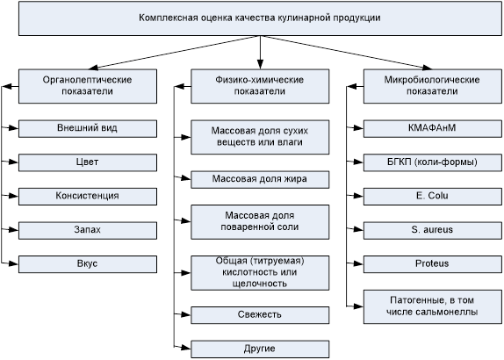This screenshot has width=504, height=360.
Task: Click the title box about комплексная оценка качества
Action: click(x=260, y=18)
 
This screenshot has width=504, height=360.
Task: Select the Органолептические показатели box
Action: click(x=88, y=86)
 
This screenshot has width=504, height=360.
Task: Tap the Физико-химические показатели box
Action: click(x=260, y=86)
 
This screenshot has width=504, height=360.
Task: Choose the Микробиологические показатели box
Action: click(x=433, y=86)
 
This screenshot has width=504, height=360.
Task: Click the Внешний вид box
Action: click(x=88, y=128)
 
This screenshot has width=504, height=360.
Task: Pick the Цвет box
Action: click(x=88, y=162)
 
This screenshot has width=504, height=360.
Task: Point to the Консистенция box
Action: click(x=88, y=197)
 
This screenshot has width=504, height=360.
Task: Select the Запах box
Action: click(x=88, y=230)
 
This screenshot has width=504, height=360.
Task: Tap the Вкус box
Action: click(x=88, y=264)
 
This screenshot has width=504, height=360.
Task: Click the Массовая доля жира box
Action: click(x=260, y=179)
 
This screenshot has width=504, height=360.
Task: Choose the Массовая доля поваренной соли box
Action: click(x=260, y=222)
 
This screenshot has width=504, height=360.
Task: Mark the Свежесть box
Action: click(x=260, y=315)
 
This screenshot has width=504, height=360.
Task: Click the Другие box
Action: click(x=260, y=349)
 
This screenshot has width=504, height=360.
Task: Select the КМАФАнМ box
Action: click(x=433, y=128)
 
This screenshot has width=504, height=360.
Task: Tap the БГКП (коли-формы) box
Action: click(x=433, y=162)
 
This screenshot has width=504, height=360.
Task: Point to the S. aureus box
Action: click(x=433, y=230)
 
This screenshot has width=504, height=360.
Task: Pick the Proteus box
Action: click(x=433, y=264)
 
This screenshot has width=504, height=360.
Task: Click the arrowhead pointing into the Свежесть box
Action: click(x=186, y=314)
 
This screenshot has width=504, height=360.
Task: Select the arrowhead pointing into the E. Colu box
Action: click(x=359, y=196)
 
